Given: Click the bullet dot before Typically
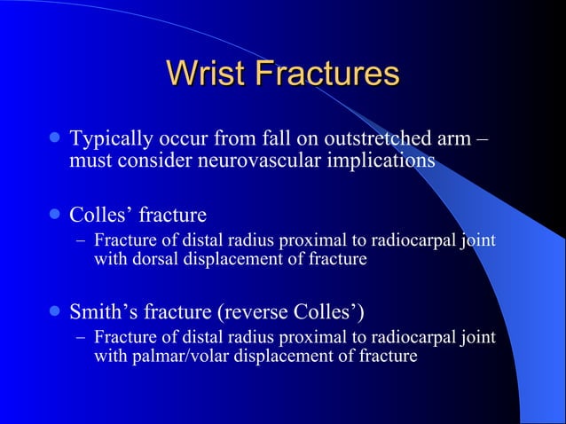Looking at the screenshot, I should (55, 140).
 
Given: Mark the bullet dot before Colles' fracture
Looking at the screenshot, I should (55, 214).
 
